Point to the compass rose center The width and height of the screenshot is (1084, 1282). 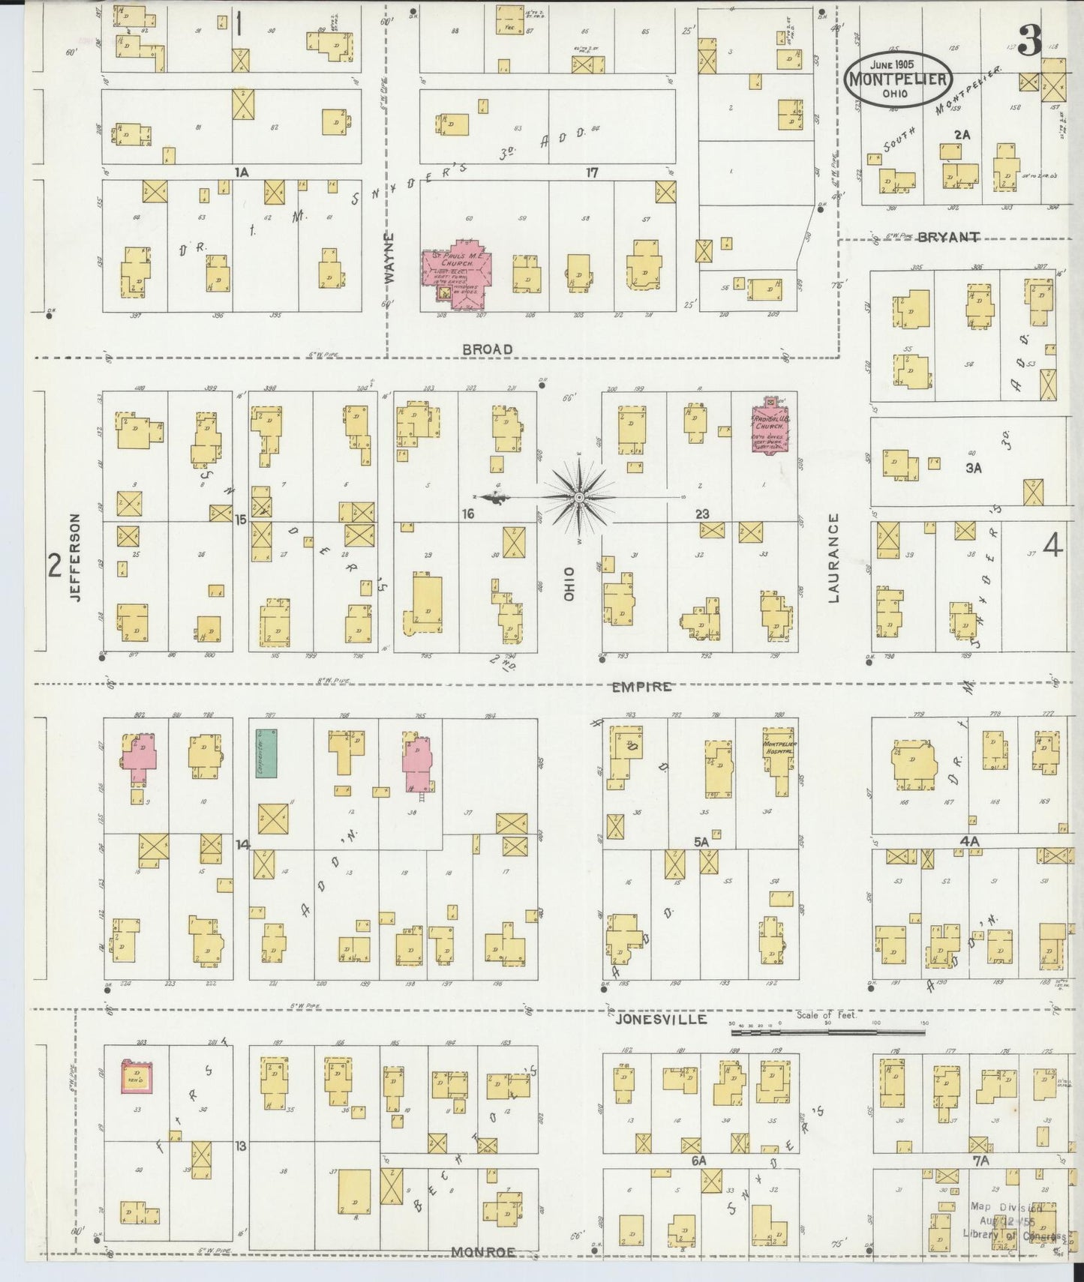[579, 498]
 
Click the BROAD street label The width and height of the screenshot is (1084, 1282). [488, 349]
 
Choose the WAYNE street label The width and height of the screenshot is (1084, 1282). [389, 267]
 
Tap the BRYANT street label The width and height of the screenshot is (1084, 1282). [948, 238]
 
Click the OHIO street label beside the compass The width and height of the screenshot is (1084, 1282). [569, 583]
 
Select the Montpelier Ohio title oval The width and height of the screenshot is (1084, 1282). [898, 79]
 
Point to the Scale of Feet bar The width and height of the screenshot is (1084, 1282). [827, 1032]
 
